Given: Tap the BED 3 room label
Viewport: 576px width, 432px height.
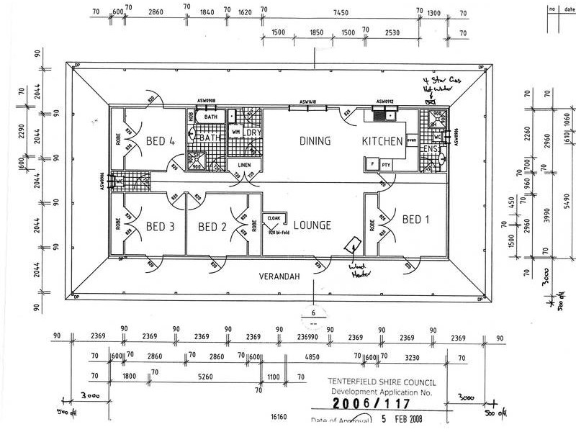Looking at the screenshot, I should (160, 227).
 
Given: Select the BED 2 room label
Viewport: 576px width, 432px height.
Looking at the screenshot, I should (212, 227).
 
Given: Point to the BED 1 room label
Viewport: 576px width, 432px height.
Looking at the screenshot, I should (415, 220).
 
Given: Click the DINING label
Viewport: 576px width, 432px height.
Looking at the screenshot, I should (315, 141).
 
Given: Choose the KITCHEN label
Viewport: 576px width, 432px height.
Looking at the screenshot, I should (382, 141).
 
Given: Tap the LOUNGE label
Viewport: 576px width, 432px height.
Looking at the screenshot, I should (311, 225).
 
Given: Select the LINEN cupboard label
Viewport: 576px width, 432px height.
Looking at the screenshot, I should (244, 166).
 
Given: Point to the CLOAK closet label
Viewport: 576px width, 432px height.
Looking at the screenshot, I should (274, 217).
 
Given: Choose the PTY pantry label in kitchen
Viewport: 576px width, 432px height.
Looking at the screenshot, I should (386, 165).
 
